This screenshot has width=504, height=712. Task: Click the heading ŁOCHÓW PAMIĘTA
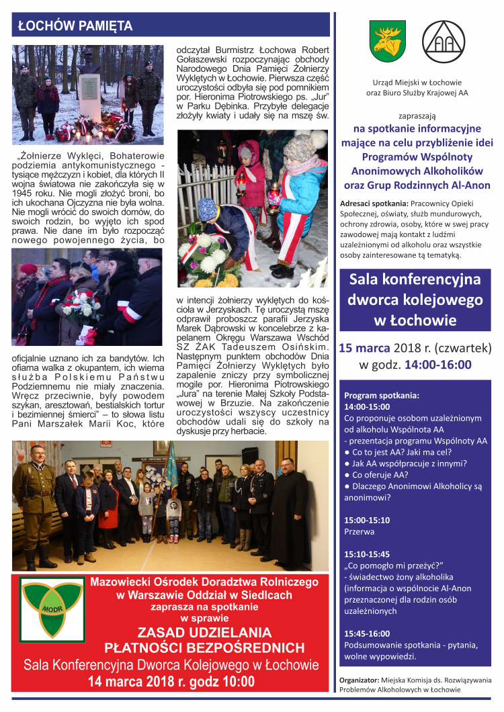pyautogui.click(x=75, y=26)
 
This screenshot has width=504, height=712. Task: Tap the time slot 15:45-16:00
pyautogui.click(x=366, y=633)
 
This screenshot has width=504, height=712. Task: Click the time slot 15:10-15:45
pyautogui.click(x=366, y=554)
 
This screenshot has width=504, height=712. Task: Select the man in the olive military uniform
pyautogui.click(x=36, y=497)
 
